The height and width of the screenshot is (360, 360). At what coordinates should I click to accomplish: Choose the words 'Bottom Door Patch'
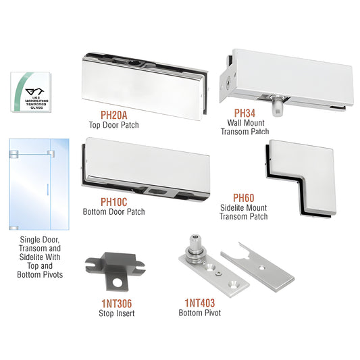point(113,211)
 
